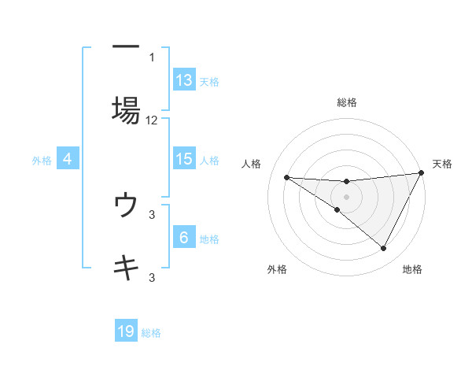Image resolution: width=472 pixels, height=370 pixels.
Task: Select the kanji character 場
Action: click(126, 109)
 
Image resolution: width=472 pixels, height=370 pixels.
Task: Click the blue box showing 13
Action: click(184, 80)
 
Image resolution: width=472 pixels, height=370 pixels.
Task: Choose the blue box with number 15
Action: click(184, 158)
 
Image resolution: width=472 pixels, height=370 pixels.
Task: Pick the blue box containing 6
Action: click(184, 238)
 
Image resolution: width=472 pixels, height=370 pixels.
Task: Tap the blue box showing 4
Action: click(68, 159)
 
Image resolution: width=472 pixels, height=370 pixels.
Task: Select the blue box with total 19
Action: click(126, 331)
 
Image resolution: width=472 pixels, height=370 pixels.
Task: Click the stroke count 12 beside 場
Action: click(152, 120)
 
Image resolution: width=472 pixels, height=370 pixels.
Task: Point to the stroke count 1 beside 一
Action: click(152, 57)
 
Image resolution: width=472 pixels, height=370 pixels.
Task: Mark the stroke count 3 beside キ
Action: click(152, 277)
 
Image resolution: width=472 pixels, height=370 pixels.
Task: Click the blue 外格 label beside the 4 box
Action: click(42, 160)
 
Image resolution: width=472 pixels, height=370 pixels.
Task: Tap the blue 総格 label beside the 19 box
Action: click(151, 333)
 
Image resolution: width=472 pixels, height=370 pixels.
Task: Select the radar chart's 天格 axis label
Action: click(442, 164)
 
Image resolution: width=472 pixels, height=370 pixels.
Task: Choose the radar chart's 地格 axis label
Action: click(412, 269)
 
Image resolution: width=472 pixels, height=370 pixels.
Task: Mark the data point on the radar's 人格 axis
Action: click(286, 177)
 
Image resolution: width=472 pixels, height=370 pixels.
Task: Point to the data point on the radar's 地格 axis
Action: click(384, 249)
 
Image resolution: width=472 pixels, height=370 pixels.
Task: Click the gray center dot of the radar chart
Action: click(346, 196)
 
